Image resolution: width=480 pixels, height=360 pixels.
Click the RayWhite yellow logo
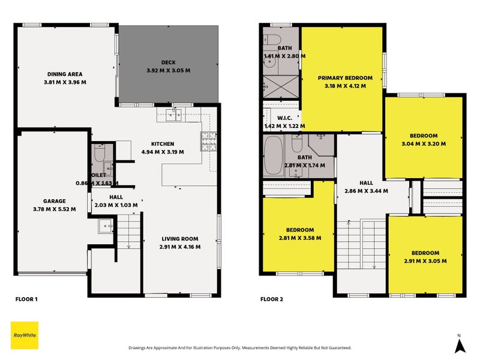tap(25, 335)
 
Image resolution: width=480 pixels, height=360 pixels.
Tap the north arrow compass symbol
tap(460, 344)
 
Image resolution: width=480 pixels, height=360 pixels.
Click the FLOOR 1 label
tap(26, 299)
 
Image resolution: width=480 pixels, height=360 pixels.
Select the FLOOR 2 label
tap(272, 299)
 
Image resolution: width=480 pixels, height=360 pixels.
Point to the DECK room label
tap(169, 62)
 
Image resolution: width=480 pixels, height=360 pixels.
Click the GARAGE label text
tap(54, 201)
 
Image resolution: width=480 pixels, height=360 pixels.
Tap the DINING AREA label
tap(65, 74)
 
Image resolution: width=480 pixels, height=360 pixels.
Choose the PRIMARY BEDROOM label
tap(345, 78)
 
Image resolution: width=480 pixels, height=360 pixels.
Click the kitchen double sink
tap(173, 115)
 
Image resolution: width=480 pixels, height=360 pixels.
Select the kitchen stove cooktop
tap(209, 142)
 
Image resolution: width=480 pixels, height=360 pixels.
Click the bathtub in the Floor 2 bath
tap(273, 155)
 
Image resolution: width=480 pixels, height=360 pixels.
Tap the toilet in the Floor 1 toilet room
tap(100, 153)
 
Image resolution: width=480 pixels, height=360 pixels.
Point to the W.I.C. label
tap(284, 118)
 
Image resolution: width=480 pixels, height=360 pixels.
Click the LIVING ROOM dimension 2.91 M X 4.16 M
tap(180, 247)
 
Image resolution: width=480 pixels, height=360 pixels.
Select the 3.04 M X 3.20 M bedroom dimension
tap(424, 143)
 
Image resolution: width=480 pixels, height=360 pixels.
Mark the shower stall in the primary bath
tap(281, 86)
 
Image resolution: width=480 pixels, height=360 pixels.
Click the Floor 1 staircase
tap(128, 232)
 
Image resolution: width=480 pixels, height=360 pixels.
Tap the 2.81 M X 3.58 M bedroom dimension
tap(300, 238)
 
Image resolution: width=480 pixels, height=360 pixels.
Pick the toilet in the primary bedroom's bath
tap(272, 40)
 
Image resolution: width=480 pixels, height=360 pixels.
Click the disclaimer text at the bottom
tap(240, 348)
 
